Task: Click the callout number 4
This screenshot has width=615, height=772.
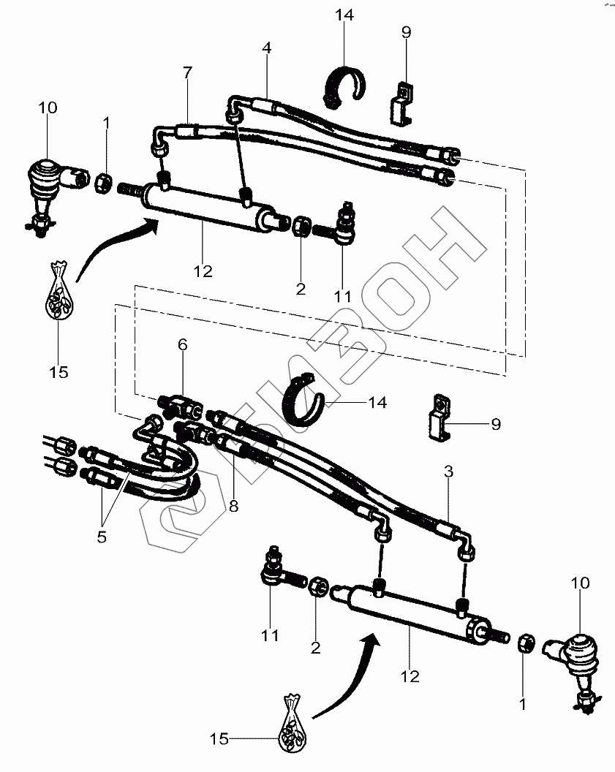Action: [267, 49]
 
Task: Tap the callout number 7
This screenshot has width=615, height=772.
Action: [187, 72]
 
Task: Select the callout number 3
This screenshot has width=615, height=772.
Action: [448, 472]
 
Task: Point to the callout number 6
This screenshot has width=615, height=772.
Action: [182, 344]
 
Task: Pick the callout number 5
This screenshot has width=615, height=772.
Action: [102, 537]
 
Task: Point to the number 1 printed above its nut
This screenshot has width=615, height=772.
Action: [107, 124]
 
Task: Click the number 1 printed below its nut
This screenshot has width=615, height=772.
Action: [523, 705]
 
